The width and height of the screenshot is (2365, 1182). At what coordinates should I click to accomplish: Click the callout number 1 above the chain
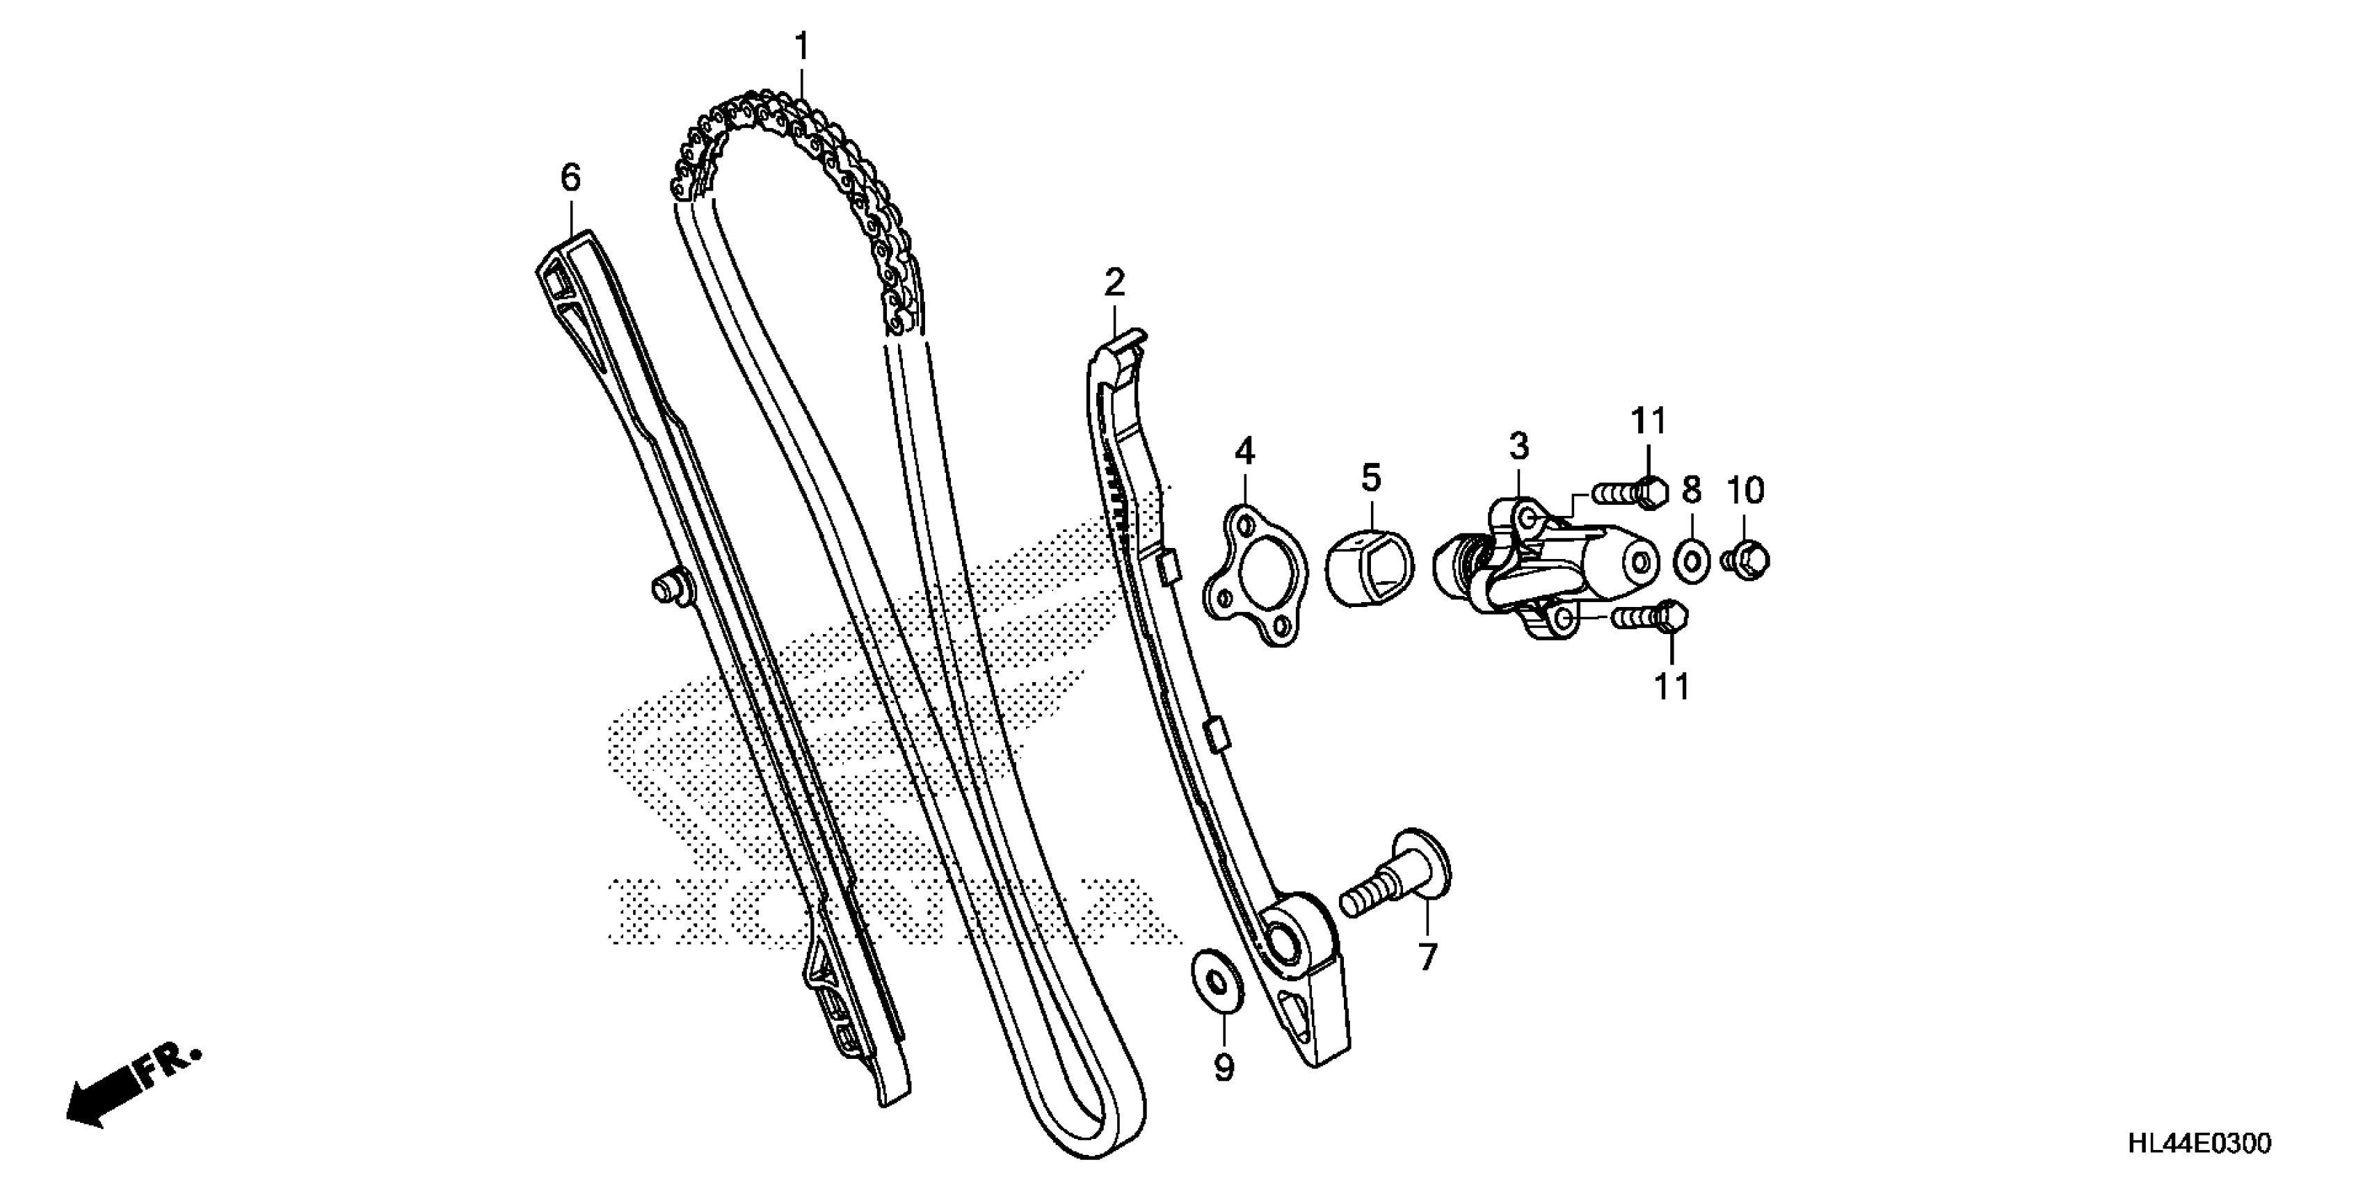803,47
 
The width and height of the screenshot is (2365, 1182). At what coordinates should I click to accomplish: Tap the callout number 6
570,177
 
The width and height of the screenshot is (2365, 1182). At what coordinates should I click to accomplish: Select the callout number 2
1114,283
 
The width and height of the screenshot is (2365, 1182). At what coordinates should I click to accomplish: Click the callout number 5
1371,478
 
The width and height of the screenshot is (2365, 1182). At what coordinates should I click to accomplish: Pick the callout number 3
1519,447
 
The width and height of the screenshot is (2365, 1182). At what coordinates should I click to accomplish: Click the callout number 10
1745,491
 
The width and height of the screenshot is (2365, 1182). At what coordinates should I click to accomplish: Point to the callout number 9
1224,1067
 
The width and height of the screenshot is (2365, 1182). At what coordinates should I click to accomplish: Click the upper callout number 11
1648,421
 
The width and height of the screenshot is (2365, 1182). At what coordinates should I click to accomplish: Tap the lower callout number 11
1671,686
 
